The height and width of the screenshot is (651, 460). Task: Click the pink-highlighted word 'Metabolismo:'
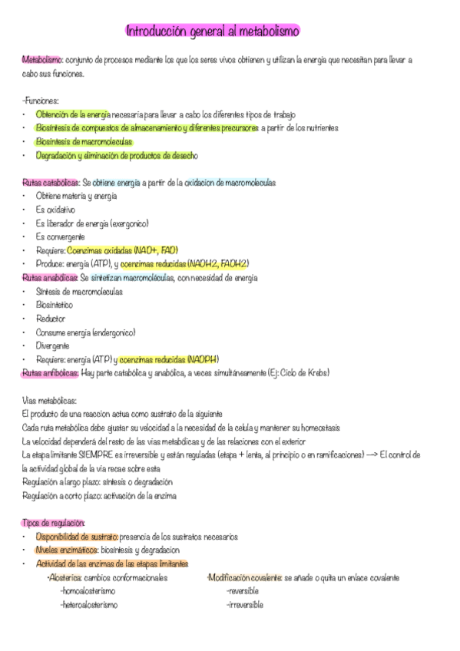[43, 59]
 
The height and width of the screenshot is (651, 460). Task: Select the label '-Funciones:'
[41, 101]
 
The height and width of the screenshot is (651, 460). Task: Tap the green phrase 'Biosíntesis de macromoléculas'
[84, 142]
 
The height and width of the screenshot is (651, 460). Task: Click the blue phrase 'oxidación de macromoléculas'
[230, 183]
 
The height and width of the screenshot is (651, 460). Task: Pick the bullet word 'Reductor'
[51, 319]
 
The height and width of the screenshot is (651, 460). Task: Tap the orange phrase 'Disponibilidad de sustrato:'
[77, 537]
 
